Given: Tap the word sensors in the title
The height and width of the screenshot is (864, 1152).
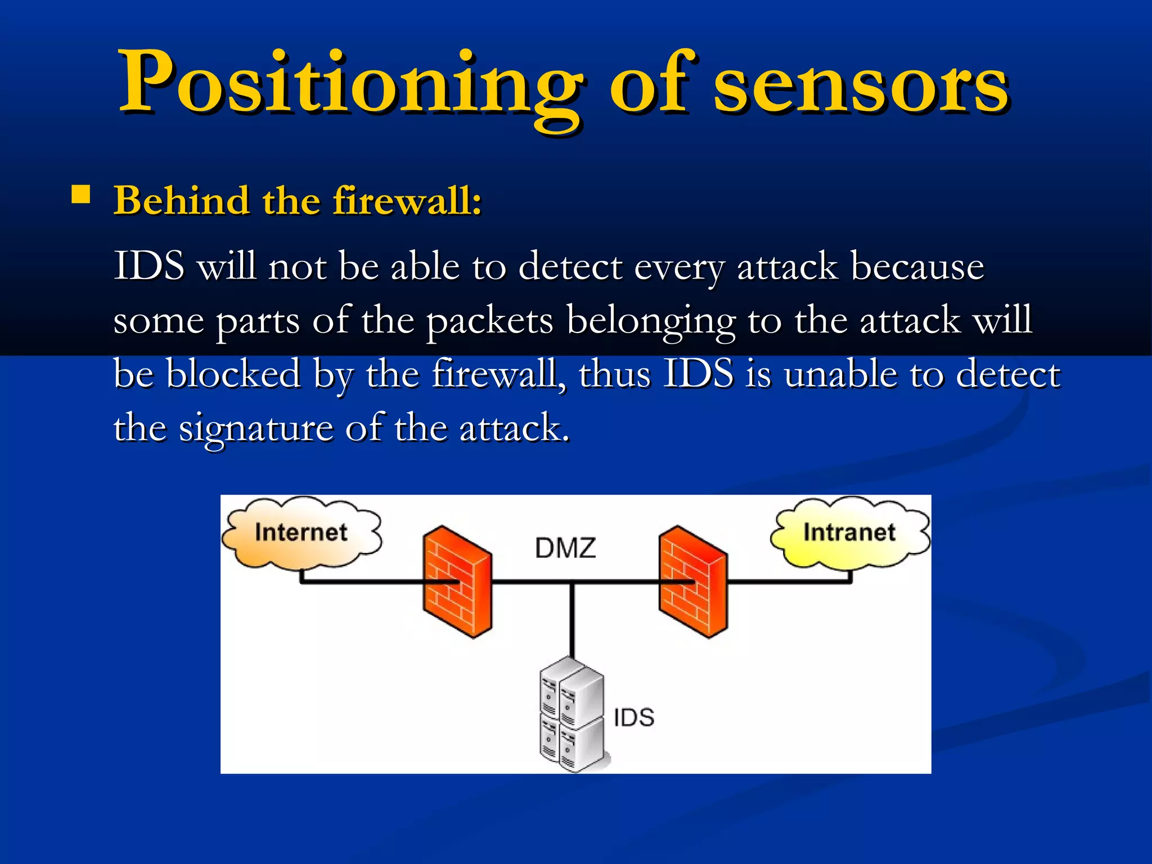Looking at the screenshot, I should [861, 84].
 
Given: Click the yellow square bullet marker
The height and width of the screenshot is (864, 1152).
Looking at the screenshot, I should [81, 194].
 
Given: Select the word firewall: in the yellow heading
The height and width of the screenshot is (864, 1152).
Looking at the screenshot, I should [407, 201].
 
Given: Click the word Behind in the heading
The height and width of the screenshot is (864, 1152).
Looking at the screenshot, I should [181, 201].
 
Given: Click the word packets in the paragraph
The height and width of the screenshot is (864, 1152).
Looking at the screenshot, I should [489, 321].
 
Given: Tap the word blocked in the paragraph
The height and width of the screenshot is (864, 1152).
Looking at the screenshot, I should [233, 374].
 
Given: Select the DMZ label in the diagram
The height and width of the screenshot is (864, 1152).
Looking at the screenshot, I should [565, 548].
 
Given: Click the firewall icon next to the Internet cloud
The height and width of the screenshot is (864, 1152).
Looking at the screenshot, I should [457, 582].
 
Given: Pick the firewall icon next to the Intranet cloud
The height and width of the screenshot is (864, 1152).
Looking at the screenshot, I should [693, 582].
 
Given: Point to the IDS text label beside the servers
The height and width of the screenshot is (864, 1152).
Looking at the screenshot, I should [634, 718].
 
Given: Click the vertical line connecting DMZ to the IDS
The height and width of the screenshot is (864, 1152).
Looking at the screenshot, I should [572, 619].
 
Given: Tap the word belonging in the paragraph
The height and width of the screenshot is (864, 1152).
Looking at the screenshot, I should [650, 321].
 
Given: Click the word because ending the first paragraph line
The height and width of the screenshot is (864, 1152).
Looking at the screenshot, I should [917, 267].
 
